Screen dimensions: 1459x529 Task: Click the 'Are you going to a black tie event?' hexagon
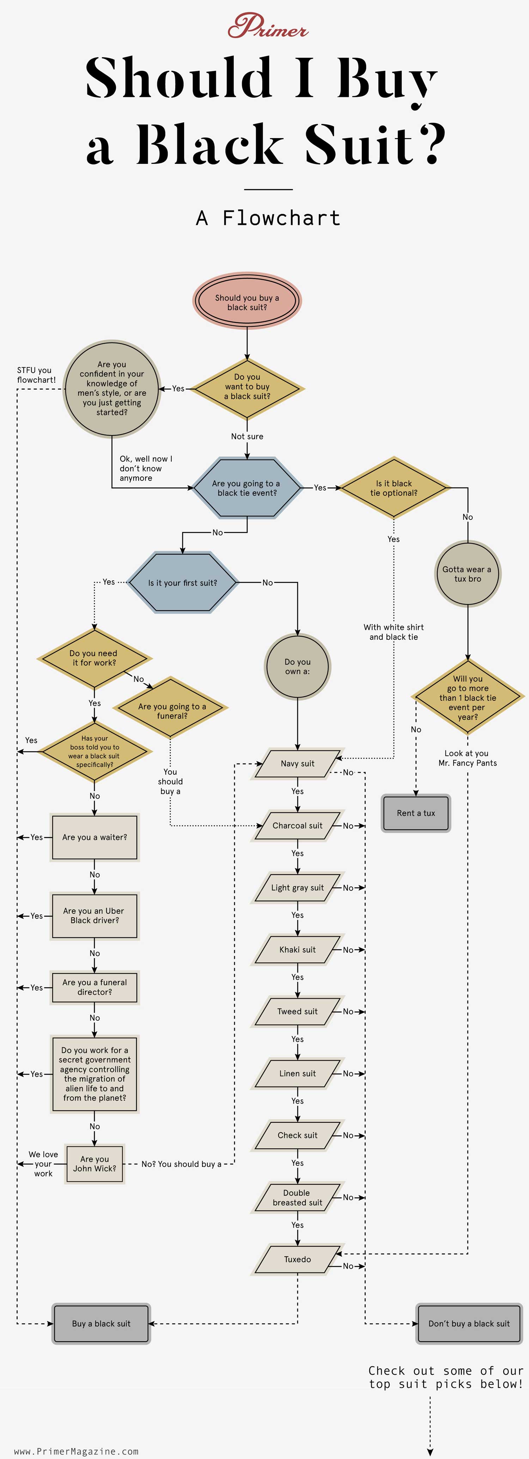247,488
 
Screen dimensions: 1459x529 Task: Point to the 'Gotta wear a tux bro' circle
467,574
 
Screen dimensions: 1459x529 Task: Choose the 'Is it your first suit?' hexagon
182,582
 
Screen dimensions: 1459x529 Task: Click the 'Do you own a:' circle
297,666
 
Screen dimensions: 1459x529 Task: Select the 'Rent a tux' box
416,813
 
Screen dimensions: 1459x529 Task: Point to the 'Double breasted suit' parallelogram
297,1197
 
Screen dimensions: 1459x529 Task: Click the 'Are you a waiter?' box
95,837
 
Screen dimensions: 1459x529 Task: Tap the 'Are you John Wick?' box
95,1163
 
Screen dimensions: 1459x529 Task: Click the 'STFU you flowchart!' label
36,375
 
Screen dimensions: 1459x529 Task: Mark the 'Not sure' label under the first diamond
247,436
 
